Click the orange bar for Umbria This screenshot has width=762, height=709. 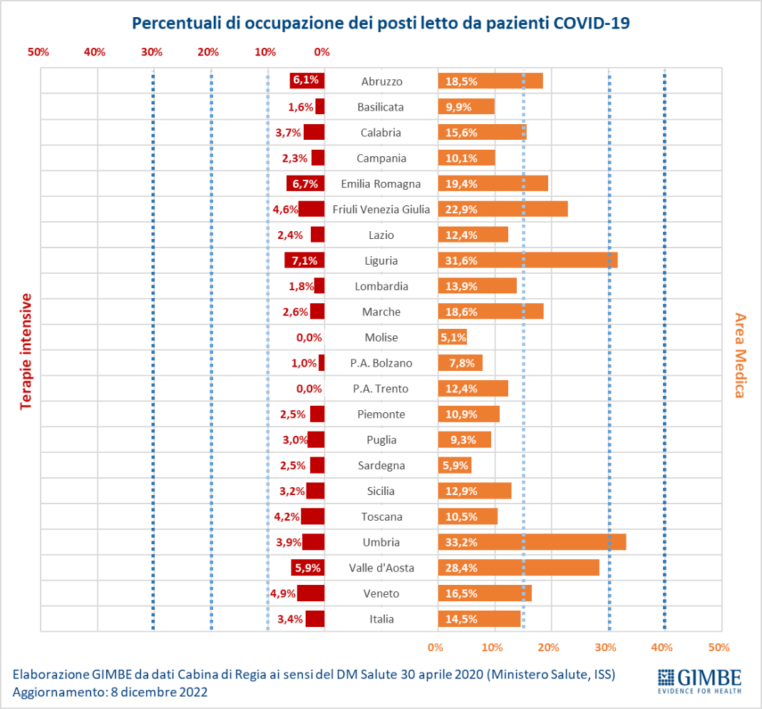coord(532,542)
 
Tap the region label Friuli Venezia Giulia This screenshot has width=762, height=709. coord(381,209)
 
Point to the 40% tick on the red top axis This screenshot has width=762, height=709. coord(95,51)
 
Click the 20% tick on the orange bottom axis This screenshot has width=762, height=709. coord(548,647)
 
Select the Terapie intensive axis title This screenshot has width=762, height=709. coord(26,351)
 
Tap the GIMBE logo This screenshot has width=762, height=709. coord(699,680)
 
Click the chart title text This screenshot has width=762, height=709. coord(381,23)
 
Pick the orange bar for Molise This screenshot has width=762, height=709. coord(453,337)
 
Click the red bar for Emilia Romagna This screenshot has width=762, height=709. coord(306,183)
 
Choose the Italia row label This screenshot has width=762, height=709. coord(381,619)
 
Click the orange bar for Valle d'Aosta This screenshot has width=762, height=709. coord(518,568)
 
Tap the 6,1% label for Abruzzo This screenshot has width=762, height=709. coord(305,80)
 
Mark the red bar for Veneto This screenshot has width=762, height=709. coord(311,593)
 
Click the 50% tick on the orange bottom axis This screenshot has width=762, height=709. coord(719,647)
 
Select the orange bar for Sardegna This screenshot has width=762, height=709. coord(455,465)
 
